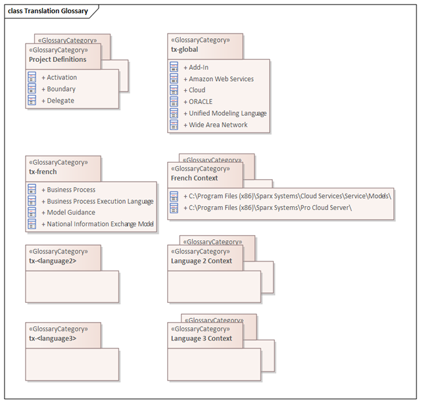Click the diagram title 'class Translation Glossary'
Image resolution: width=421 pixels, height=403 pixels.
click(48, 11)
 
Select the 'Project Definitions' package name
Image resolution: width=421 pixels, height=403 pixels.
click(58, 59)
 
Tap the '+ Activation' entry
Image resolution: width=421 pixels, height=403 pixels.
click(59, 78)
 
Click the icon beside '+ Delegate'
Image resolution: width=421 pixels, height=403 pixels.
click(32, 100)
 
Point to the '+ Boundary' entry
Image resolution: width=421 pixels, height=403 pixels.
click(59, 89)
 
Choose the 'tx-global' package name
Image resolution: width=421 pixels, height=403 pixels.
click(184, 49)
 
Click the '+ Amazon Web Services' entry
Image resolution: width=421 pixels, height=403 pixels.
click(218, 79)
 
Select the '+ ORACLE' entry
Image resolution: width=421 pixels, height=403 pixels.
click(198, 101)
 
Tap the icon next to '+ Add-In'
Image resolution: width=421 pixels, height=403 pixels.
click(174, 67)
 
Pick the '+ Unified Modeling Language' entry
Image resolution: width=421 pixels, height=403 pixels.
click(225, 113)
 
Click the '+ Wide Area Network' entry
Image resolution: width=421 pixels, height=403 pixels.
click(216, 124)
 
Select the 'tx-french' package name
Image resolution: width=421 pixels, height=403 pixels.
click(43, 172)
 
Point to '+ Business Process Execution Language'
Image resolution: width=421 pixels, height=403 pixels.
click(97, 201)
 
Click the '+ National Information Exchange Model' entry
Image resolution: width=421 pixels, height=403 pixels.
click(97, 224)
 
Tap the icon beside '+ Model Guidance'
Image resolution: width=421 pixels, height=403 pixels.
click(32, 212)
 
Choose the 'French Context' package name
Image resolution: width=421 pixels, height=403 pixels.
click(195, 178)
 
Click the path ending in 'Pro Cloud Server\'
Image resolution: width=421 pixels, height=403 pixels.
click(268, 208)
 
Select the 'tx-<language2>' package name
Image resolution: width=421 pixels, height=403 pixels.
click(53, 261)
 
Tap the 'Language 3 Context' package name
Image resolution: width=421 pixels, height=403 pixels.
click(201, 338)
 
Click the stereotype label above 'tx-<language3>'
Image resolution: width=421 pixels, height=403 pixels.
click(59, 329)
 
